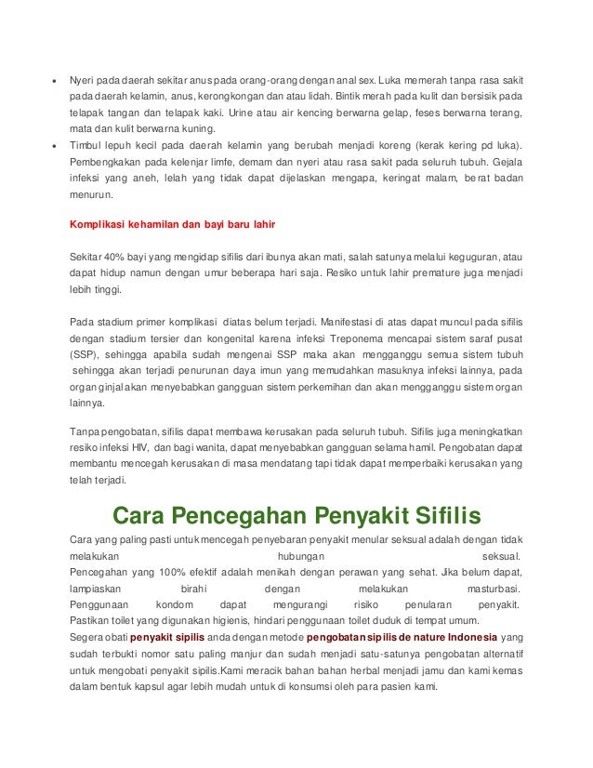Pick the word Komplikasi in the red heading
99,224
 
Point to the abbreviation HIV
139,447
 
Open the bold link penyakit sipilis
166,638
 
